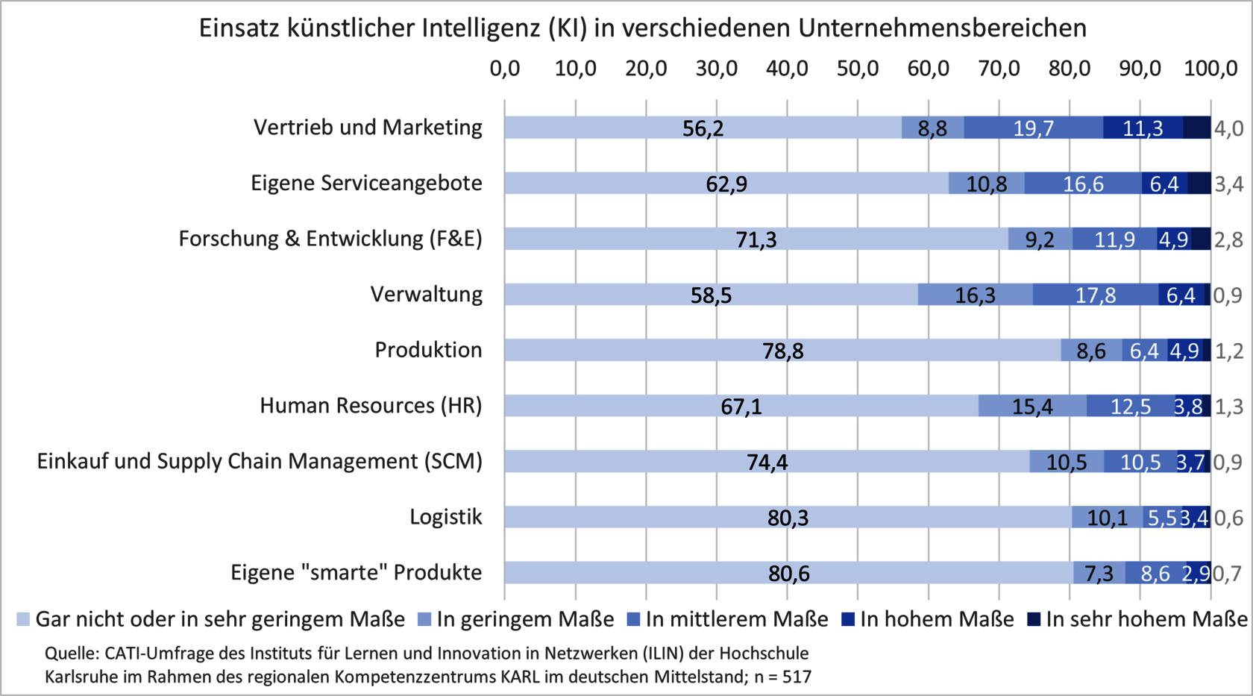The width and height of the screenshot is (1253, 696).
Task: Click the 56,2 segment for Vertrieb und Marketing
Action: click(703, 128)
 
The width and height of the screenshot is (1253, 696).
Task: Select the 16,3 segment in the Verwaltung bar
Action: click(975, 295)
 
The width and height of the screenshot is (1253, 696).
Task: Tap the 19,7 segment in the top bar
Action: click(1033, 128)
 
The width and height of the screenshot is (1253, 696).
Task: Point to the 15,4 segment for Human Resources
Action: click(1032, 406)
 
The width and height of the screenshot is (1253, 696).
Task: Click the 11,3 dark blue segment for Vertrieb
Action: click(1143, 128)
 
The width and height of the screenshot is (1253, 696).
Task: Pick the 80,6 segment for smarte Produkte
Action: click(788, 573)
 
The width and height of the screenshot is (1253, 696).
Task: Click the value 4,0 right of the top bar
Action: click(1228, 128)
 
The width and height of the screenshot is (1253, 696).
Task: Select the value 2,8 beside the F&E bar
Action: click(1228, 239)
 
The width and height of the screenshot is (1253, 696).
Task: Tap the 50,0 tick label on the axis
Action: click(858, 69)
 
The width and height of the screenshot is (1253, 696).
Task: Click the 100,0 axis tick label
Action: click(1210, 69)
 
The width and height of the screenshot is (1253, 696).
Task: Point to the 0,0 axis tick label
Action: click(505, 69)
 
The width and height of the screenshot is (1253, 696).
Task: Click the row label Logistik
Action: click(445, 516)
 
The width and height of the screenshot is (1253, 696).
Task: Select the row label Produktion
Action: click(428, 349)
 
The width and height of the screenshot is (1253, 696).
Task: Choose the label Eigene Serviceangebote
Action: click(366, 183)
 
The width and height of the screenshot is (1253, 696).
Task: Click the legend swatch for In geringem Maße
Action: click(424, 619)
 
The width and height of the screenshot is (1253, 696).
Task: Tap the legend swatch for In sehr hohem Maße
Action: click(1034, 619)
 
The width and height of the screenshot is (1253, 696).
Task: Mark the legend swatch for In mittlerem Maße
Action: click(634, 619)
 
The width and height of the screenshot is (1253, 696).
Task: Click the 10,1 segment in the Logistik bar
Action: click(1107, 517)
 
